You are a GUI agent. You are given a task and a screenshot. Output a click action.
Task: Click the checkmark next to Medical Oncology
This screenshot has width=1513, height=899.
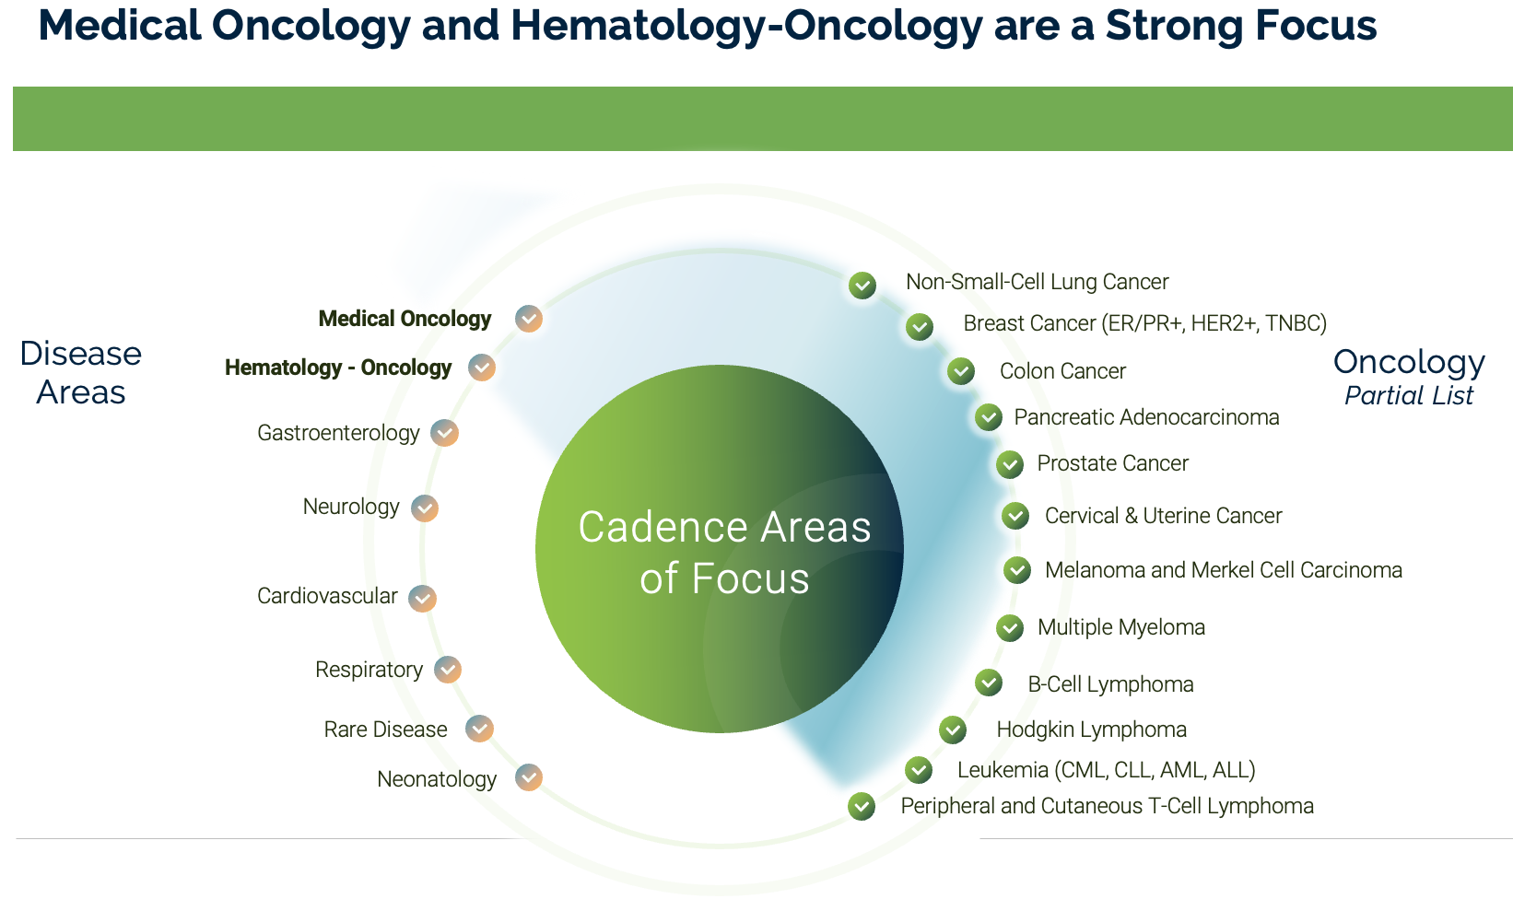pos(529,318)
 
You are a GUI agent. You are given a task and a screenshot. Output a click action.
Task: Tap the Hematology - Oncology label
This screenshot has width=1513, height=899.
pos(338,368)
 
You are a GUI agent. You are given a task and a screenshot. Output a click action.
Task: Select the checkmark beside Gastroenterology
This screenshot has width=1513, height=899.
pos(444,433)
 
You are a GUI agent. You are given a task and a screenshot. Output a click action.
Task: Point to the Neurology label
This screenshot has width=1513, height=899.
pos(351,507)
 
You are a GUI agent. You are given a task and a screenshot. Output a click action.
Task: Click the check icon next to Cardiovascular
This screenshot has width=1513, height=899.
pos(422,599)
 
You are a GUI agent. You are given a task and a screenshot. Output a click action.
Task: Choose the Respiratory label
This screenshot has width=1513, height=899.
pos(369,670)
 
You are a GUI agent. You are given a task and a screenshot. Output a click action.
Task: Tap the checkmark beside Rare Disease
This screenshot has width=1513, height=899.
pos(479,729)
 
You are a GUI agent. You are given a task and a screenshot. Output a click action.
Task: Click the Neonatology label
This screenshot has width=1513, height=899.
pos(437,779)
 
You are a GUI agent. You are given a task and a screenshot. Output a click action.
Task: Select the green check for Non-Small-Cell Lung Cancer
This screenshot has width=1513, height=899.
pos(862,285)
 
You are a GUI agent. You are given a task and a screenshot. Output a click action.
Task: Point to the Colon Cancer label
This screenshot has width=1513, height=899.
pos(1062,371)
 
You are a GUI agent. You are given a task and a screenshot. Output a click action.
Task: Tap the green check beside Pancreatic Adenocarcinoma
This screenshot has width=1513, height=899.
pos(988,416)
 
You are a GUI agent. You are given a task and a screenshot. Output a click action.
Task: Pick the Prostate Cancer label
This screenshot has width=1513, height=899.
pos(1112,463)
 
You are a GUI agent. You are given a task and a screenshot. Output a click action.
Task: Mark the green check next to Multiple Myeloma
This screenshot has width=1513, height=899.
pos(1010,628)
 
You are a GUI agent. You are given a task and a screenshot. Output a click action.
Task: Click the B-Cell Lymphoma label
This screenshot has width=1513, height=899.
pos(1110,684)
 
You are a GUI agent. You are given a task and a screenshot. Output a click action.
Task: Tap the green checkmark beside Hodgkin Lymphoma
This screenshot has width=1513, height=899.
pos(953,730)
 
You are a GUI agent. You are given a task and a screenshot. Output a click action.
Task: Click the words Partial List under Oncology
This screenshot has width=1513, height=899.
pos(1409,396)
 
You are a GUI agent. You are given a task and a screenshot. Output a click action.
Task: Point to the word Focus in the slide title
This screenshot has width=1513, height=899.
pos(1309,26)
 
